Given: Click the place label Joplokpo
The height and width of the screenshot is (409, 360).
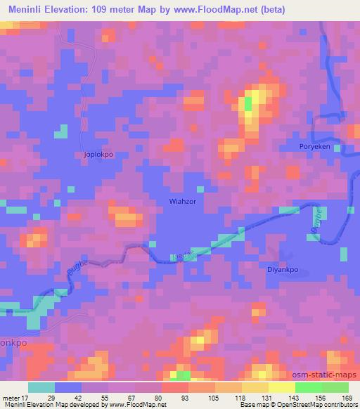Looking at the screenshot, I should click(x=98, y=153).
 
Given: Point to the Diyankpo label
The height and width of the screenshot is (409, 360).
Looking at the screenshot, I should click(x=283, y=268).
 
